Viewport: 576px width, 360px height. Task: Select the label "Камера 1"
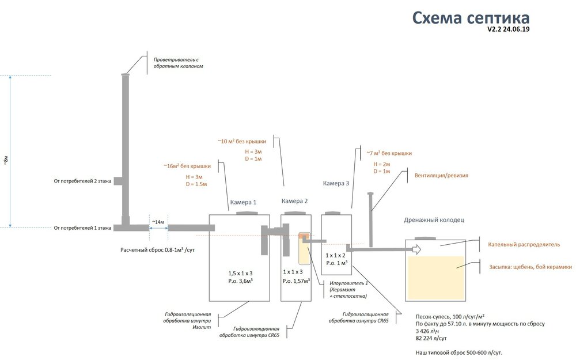click(x=243, y=202)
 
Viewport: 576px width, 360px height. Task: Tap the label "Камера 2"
click(x=294, y=201)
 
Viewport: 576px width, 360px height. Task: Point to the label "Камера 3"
click(x=336, y=183)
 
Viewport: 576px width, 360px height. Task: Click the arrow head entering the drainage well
click(x=416, y=249)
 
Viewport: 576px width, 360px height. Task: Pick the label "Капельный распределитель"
click(x=524, y=244)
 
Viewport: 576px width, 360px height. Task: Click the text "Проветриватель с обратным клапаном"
click(x=178, y=62)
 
